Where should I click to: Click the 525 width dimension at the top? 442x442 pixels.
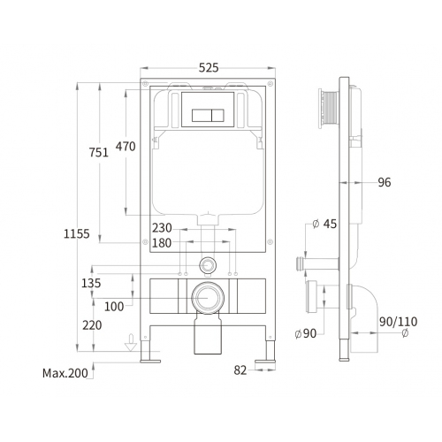click(x=209, y=68)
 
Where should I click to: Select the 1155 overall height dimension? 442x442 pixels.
click(x=77, y=233)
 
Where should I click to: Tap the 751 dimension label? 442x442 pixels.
click(x=99, y=152)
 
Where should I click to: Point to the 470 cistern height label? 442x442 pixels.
click(x=126, y=146)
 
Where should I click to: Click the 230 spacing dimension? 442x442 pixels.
click(x=162, y=228)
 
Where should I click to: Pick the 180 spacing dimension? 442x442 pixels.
click(x=162, y=243)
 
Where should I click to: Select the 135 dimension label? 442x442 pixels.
click(x=91, y=283)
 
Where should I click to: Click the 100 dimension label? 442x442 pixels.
click(x=114, y=307)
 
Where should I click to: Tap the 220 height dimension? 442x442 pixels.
click(x=92, y=325)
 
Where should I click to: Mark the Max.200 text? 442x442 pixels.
click(x=65, y=373)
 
